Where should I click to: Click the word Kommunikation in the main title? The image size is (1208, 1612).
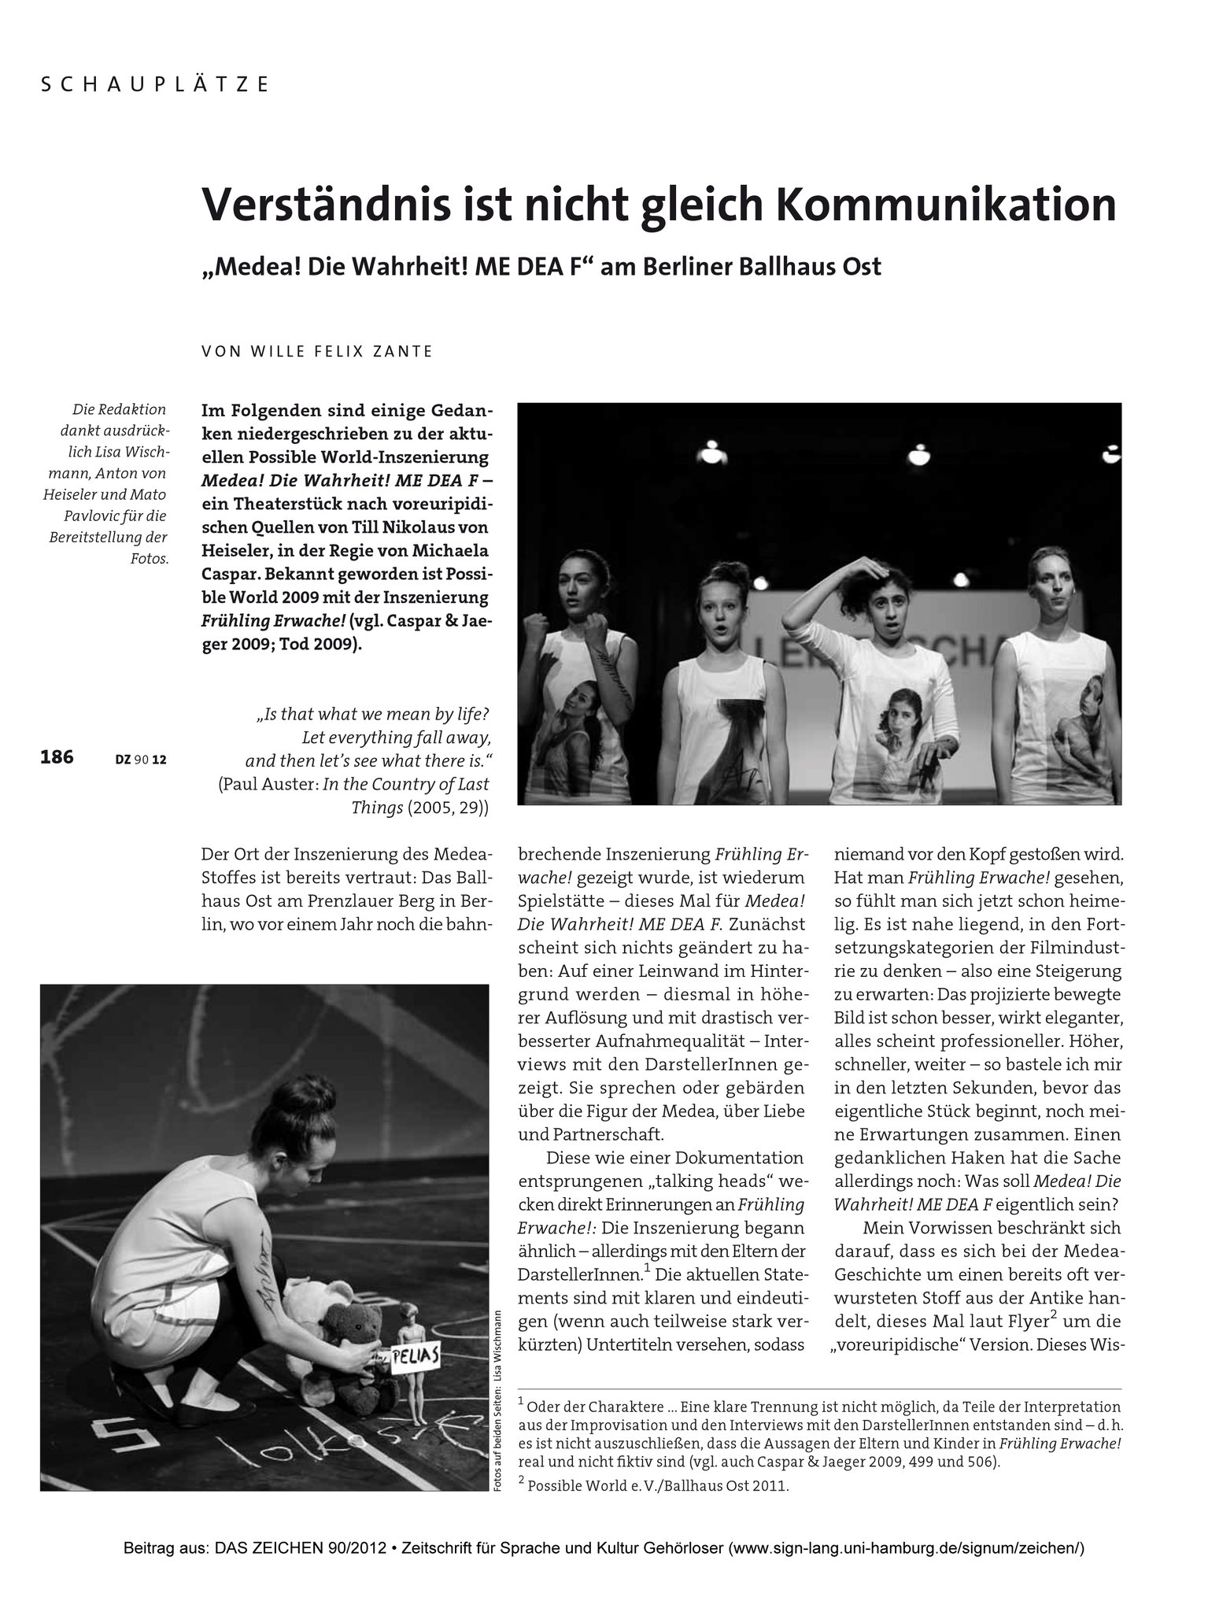946,205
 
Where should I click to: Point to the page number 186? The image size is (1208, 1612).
57,757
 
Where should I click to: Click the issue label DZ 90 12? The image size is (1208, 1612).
141,760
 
